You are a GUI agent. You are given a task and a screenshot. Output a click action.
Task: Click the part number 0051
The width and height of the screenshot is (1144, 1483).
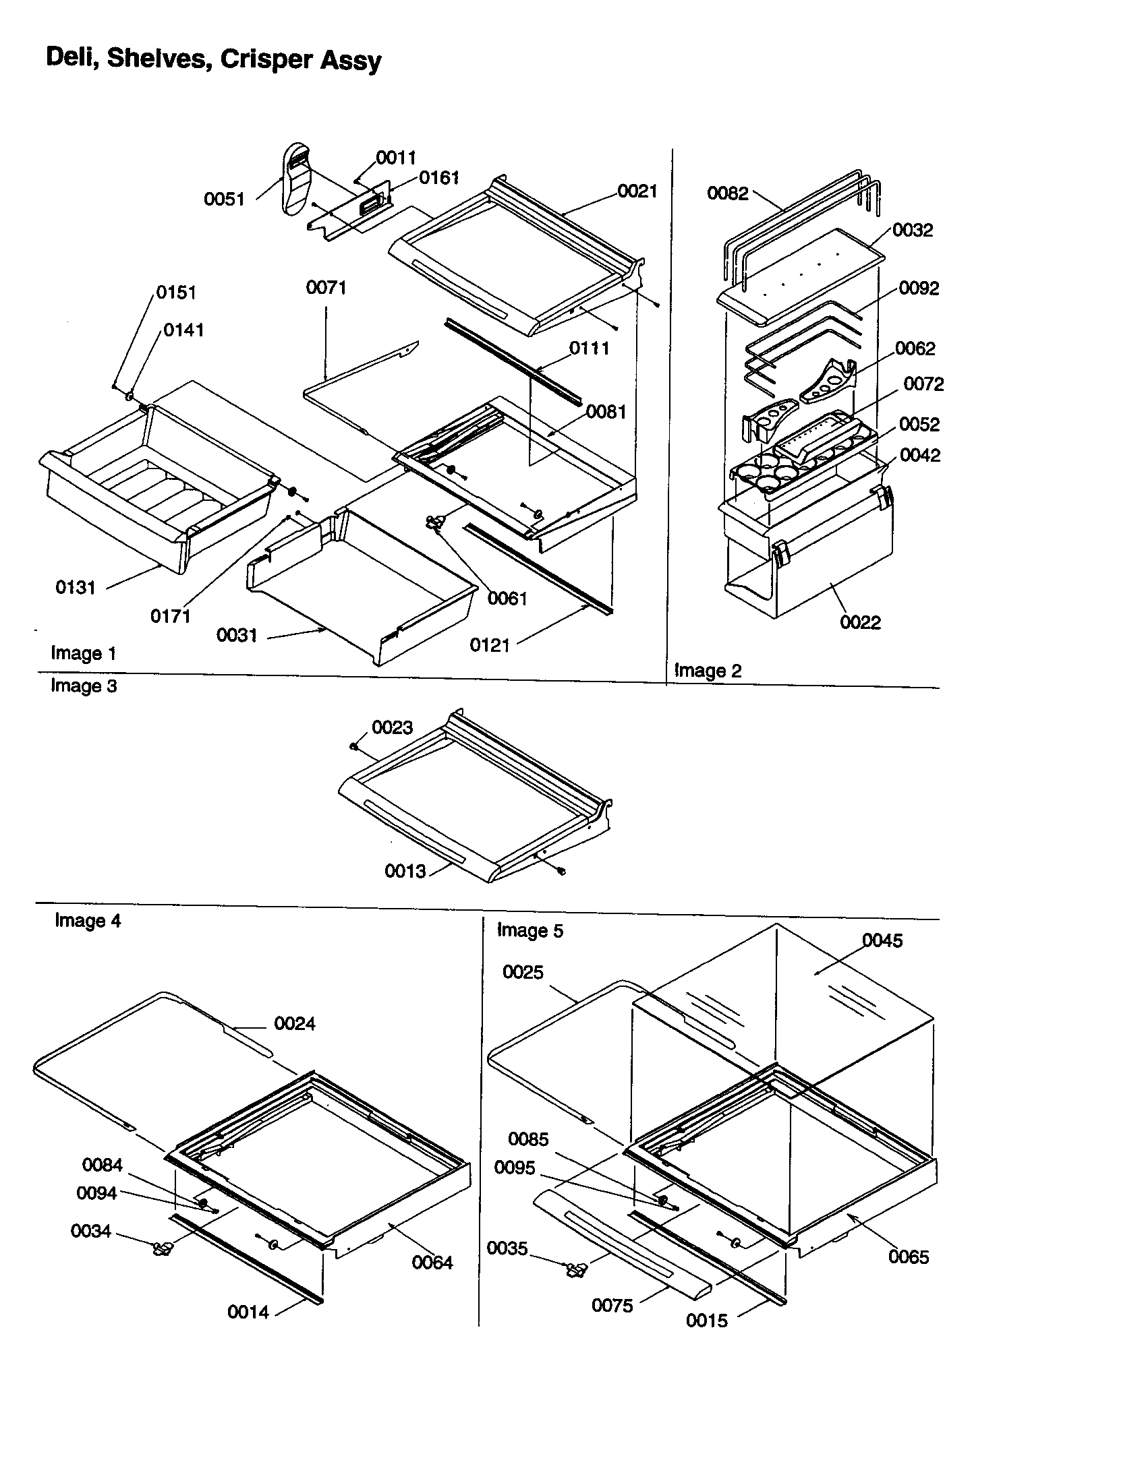[223, 199]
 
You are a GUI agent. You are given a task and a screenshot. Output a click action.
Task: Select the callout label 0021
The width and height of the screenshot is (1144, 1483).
[637, 191]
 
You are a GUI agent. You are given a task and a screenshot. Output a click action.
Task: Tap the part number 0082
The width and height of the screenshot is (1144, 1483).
[727, 193]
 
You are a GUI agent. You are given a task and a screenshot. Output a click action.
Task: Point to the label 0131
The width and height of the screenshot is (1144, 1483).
[76, 587]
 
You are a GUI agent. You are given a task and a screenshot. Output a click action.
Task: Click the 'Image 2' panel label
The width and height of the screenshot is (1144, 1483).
[707, 671]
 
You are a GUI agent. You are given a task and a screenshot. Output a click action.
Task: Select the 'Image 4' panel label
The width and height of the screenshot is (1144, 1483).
[88, 921]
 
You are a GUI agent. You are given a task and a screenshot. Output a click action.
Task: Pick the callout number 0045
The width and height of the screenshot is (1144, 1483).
[882, 940]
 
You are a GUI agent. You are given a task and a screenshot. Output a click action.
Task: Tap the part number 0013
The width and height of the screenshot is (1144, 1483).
[405, 871]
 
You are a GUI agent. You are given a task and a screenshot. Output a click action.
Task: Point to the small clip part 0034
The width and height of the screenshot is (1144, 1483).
[162, 1248]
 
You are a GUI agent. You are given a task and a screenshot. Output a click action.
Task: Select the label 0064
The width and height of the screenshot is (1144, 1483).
[432, 1263]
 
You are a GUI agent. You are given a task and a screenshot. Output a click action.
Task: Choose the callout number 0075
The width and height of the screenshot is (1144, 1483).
[611, 1305]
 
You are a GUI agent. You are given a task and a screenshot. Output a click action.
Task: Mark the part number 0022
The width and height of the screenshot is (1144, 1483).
[860, 623]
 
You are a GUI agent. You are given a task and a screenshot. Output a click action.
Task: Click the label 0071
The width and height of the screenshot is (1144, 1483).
[326, 288]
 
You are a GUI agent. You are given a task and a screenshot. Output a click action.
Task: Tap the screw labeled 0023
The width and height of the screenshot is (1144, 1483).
[353, 746]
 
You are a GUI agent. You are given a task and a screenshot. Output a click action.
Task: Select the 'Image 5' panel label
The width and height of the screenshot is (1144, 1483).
[530, 930]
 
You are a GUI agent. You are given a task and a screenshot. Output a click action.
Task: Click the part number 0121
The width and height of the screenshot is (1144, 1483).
[489, 645]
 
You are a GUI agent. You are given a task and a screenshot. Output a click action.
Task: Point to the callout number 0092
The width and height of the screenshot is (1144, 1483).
[919, 289]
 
